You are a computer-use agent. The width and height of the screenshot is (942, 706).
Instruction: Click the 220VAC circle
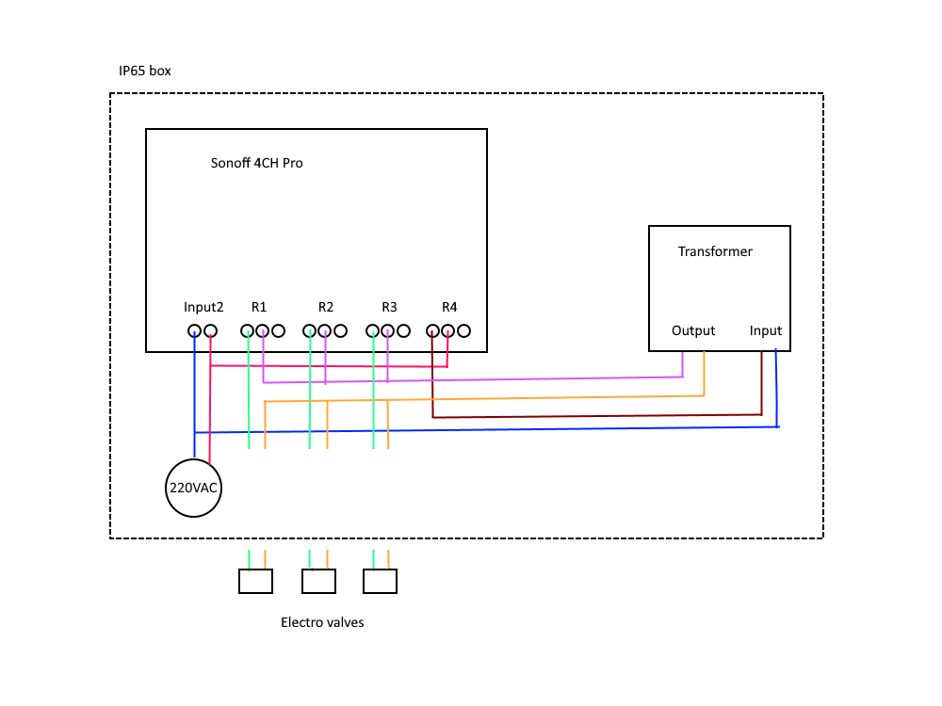click(x=195, y=489)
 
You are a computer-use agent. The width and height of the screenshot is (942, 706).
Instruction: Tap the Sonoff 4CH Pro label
click(x=257, y=163)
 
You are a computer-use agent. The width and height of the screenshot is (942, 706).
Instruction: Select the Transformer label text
click(x=715, y=251)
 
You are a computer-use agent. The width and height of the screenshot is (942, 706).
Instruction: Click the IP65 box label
click(x=145, y=71)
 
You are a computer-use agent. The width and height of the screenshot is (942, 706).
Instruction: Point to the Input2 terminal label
click(x=203, y=307)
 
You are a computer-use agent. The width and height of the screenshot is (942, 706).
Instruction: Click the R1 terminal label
click(x=259, y=307)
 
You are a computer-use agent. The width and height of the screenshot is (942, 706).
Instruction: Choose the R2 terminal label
click(x=326, y=307)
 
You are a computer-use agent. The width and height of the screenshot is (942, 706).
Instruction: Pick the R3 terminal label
click(x=389, y=307)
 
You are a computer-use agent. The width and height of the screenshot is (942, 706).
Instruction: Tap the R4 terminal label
click(x=449, y=307)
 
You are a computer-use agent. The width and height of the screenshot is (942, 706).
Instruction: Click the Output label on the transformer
click(x=693, y=330)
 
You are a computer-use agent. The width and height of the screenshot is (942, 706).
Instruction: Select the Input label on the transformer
click(x=766, y=330)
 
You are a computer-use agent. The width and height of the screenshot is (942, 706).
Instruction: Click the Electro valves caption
click(x=322, y=622)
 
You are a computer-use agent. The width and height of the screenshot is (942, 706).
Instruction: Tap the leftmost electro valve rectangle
click(x=255, y=582)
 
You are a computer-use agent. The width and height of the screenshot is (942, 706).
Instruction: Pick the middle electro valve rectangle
click(x=318, y=582)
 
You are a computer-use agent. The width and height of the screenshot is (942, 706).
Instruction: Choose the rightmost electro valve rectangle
click(x=381, y=582)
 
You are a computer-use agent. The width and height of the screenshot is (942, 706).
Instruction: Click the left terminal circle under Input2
click(x=194, y=330)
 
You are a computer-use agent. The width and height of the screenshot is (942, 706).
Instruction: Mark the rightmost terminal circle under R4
click(x=464, y=330)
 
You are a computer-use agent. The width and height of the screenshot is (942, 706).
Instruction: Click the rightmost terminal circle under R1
click(x=279, y=330)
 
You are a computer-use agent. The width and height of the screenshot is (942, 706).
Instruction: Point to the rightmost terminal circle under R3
click(x=403, y=330)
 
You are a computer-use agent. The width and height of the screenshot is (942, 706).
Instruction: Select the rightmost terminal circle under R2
click(x=340, y=330)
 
